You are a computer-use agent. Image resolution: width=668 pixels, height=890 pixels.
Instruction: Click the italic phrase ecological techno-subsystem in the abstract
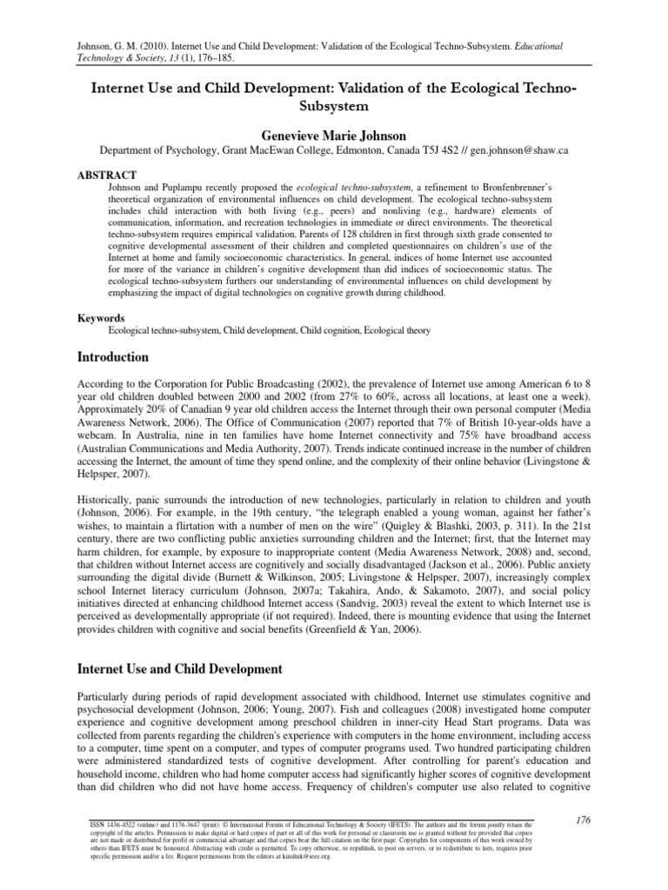point(351,186)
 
